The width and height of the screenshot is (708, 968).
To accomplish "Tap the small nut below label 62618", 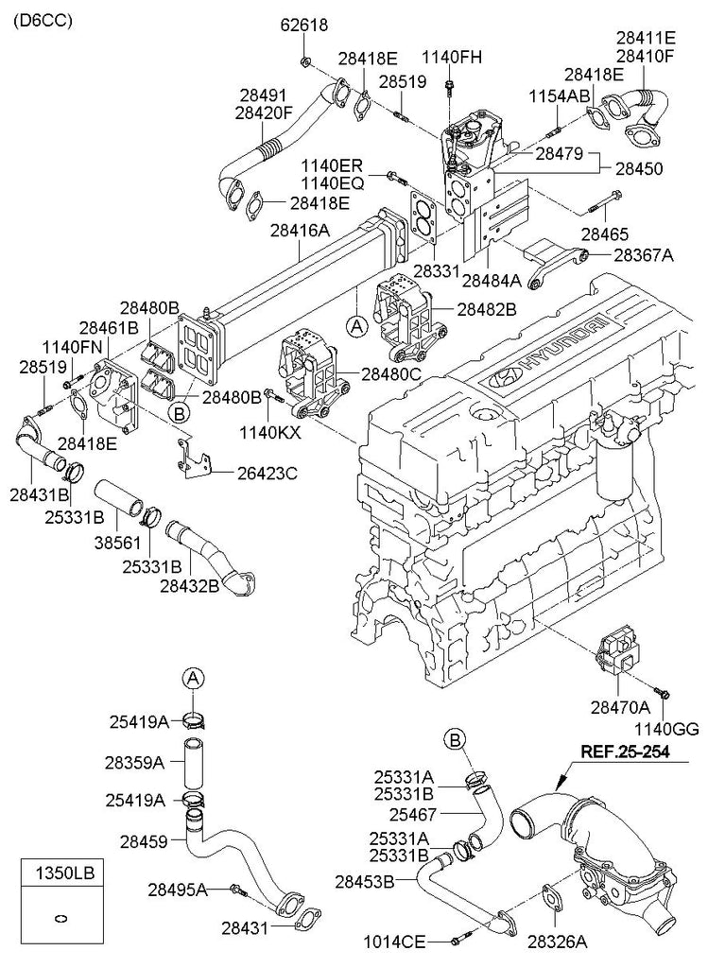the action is [305, 60].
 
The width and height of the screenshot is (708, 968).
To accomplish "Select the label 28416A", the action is [300, 231].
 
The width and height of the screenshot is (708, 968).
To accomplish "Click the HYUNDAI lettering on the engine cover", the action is [559, 349].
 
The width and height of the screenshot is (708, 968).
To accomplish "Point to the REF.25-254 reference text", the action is [624, 752].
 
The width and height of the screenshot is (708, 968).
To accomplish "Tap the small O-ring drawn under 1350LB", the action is [61, 918].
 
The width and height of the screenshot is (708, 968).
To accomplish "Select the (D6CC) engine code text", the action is [42, 21].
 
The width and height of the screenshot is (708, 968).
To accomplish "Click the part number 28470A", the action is [620, 707].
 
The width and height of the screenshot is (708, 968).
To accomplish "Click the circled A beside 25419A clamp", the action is [193, 679].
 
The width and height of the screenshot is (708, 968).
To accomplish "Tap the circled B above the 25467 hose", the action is [455, 739].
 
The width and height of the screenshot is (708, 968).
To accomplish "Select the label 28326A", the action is [558, 941].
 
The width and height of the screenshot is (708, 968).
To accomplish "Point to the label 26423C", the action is [268, 474].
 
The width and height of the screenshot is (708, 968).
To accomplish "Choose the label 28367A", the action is [643, 255].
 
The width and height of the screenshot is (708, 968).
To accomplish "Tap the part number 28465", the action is [604, 234].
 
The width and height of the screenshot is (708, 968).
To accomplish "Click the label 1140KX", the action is [269, 432].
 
